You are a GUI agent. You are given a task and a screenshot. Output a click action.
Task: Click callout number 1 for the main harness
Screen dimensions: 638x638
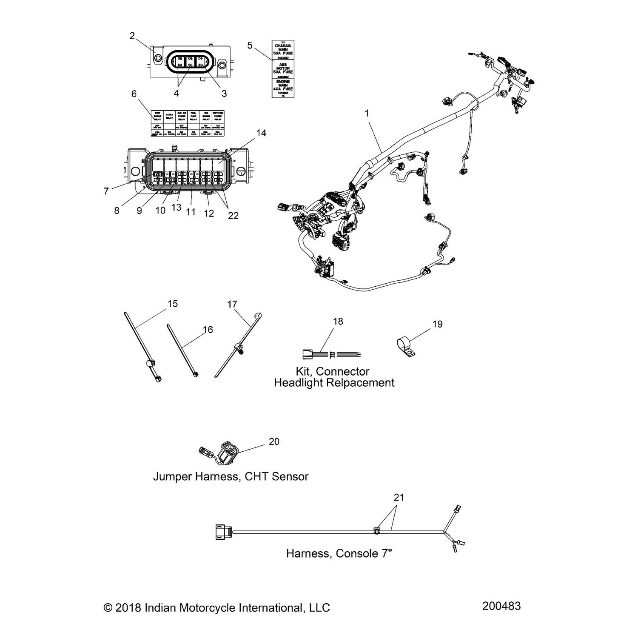point(367,113)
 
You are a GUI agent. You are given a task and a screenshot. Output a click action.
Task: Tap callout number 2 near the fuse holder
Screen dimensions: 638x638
point(132,36)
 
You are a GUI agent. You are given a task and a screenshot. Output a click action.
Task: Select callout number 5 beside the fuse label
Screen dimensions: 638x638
point(250,46)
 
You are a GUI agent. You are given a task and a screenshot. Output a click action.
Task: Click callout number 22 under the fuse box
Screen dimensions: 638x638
point(233,216)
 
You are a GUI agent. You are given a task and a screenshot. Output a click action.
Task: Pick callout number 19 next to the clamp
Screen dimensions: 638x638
point(437,324)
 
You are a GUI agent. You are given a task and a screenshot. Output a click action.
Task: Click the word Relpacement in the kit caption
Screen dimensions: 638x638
point(364,383)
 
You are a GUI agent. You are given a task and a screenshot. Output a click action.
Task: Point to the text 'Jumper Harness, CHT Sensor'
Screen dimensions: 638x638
point(231,476)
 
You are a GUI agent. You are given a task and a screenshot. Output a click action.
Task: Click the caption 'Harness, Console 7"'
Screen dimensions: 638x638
point(339,553)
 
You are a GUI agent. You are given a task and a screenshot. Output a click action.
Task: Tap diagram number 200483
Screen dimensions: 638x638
point(501,606)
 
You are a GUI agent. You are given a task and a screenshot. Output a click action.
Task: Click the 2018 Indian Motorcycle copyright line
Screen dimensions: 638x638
point(216,608)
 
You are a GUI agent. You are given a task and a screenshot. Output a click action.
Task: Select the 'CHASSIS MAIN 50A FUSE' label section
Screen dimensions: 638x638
point(283,50)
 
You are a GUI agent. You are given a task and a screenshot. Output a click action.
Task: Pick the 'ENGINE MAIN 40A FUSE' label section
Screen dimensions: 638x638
point(283,87)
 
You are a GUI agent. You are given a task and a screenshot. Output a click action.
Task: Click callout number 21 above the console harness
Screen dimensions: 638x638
point(399,497)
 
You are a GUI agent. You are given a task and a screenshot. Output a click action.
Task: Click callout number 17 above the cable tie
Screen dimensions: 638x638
point(232,304)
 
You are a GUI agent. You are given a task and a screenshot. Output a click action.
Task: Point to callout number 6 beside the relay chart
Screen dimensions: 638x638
point(134,94)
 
